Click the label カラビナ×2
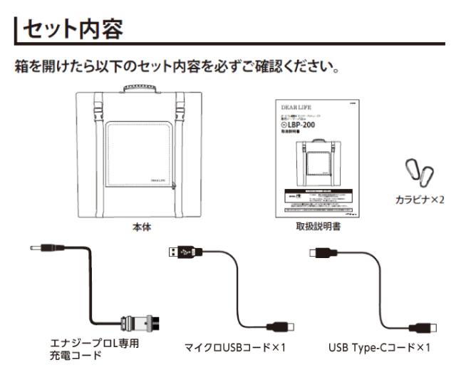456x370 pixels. pos(420,200)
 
